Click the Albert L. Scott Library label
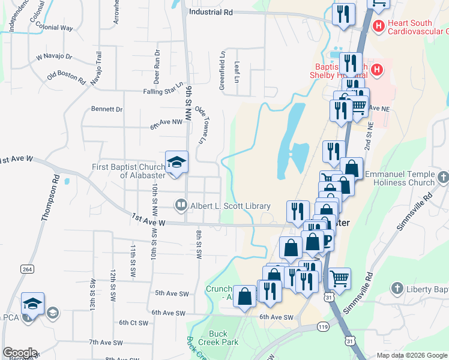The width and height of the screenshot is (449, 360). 231,206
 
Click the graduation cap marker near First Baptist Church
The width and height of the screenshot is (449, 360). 176,162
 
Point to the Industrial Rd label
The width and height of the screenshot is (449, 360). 210,11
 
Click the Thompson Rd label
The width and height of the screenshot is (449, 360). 49,199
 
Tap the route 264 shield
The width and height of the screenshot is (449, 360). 27,269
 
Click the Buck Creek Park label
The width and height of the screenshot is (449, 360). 223,338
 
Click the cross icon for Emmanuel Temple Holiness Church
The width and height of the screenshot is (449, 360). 443,177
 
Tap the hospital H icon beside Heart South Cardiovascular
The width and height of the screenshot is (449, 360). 378,26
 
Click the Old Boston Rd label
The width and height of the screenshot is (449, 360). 67,76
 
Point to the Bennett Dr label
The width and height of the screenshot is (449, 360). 107,109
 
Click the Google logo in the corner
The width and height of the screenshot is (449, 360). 19,353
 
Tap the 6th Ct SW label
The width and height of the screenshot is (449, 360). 133,323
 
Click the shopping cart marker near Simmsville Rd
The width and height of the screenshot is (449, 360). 339,277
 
